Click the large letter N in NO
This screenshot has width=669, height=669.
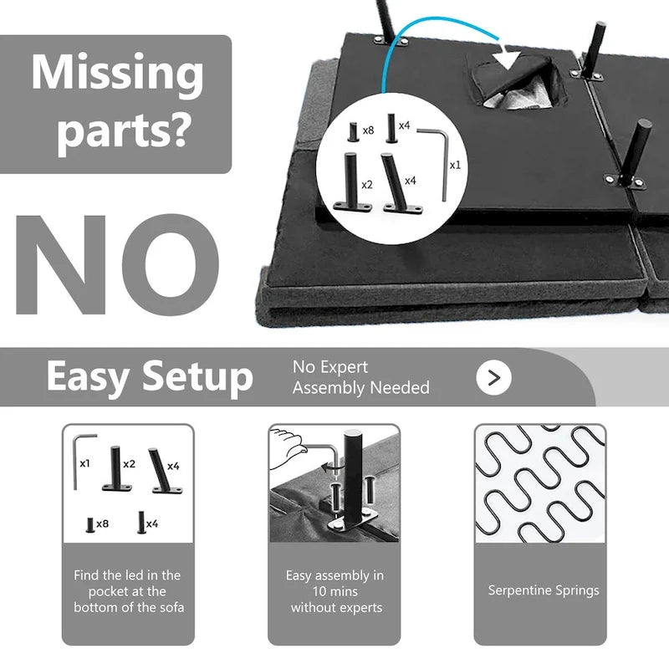coord(60,264)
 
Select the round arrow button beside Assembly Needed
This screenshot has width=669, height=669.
coord(493,378)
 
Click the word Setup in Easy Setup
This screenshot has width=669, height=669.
coord(197,377)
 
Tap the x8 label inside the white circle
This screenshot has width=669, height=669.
coord(368,130)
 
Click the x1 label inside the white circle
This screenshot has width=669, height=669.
coord(455,165)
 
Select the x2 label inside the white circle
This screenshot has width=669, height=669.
coord(367,185)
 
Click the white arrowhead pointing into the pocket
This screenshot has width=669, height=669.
coord(506,58)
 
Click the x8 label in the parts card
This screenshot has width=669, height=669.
coord(102,523)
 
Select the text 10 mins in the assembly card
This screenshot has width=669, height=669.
coord(335,591)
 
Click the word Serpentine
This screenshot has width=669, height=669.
coord(516,590)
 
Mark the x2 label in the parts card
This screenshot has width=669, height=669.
coord(130,464)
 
